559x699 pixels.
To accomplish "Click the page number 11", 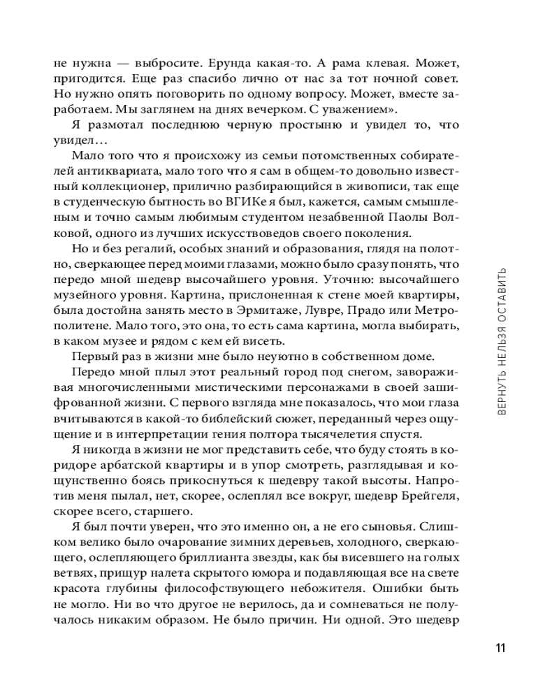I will (x=500, y=647).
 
